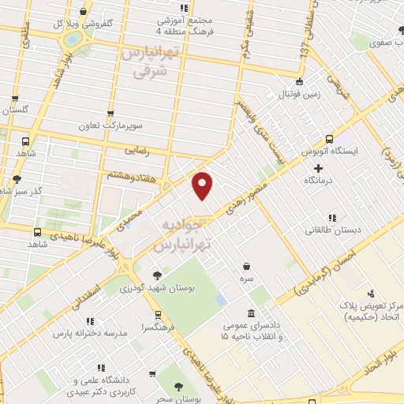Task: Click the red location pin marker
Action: point(203,185)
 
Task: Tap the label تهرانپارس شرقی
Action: point(147,62)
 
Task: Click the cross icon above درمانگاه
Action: point(318,168)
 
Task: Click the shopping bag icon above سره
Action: point(249,266)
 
